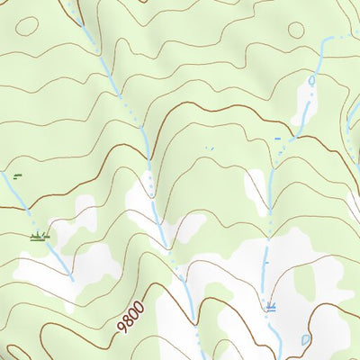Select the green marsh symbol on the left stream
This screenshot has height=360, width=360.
[x=39, y=237]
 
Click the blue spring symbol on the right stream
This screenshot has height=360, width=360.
[x=270, y=307]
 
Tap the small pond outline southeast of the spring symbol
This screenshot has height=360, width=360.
[x=306, y=340]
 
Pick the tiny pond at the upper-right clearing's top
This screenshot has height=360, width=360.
[x=311, y=80]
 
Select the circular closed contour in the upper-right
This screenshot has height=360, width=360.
[x=296, y=28]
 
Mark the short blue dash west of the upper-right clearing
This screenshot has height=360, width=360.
[x=278, y=138]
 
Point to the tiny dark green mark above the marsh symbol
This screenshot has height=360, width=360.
[x=16, y=175]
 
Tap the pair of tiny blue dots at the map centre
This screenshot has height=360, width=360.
[x=210, y=147]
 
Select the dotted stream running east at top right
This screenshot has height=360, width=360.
[x=342, y=37]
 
